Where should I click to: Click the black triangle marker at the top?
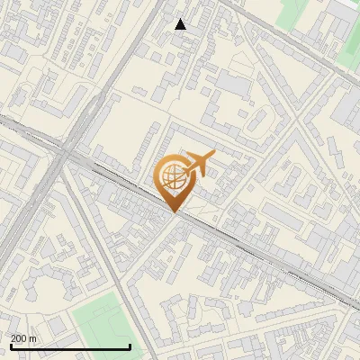181,24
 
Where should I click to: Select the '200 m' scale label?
23,337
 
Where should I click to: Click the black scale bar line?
70,346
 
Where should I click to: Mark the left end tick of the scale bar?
10,345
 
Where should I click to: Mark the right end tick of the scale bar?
130,345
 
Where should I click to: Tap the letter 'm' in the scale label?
32,337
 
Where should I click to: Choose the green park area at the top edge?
293,11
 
